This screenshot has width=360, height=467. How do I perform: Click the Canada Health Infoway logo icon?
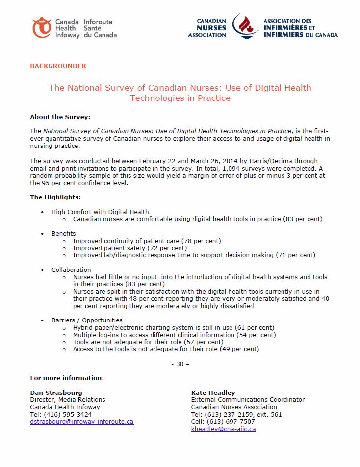pyautogui.click(x=42, y=27)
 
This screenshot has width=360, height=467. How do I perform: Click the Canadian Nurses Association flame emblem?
pyautogui.click(x=245, y=26)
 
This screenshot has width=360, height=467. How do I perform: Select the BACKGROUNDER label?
pyautogui.click(x=58, y=66)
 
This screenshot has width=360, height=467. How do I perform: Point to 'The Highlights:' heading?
pyautogui.click(x=55, y=197)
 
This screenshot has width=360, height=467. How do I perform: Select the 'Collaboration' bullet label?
pyautogui.click(x=71, y=270)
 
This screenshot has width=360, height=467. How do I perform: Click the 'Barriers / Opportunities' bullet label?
pyautogui.click(x=87, y=320)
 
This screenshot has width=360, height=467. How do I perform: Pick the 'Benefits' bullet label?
pyautogui.click(x=64, y=233)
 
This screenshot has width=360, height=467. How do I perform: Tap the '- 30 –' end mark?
pyautogui.click(x=180, y=364)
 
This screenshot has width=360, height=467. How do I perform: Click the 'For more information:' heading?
pyautogui.click(x=67, y=378)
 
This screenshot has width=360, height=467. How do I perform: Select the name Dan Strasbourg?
pyautogui.click(x=56, y=393)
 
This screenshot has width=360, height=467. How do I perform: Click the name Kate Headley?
pyautogui.click(x=213, y=393)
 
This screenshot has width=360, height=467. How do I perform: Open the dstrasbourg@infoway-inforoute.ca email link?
pyautogui.click(x=81, y=421)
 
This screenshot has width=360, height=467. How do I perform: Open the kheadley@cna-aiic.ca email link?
pyautogui.click(x=223, y=429)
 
